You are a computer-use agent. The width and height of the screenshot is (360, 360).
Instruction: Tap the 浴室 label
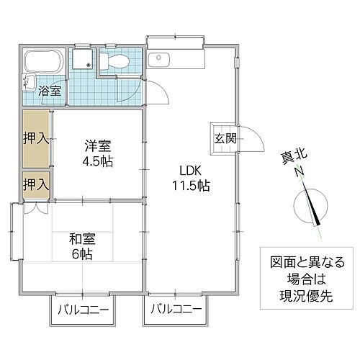[48, 92]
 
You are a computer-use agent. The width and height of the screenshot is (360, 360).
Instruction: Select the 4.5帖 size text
[97, 160]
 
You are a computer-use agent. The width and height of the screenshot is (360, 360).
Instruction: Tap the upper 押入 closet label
[35, 137]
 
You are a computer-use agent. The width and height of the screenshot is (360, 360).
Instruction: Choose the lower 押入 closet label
[35, 184]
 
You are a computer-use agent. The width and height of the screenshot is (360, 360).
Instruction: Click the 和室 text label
[82, 238]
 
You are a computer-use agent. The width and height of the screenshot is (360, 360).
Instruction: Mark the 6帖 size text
[82, 254]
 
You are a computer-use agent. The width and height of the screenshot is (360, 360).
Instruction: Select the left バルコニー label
[84, 311]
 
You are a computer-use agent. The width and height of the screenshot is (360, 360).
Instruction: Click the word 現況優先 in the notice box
[302, 294]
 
